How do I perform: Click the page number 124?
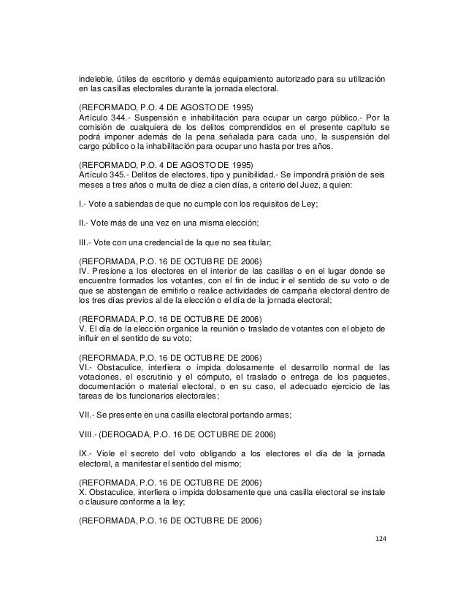click(x=380, y=539)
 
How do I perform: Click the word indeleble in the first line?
click(x=96, y=79)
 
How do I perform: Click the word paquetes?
click(x=367, y=377)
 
